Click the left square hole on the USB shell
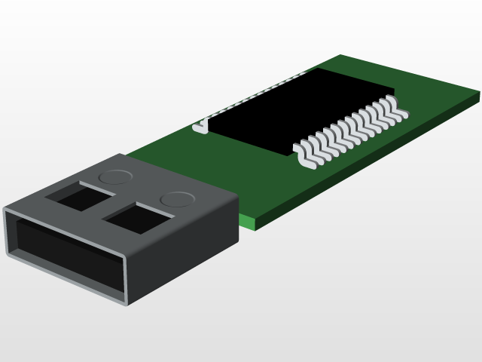[x=79, y=197]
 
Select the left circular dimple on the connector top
[x=114, y=177]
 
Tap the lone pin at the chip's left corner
[x=200, y=126]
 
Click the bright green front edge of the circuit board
[x=256, y=222]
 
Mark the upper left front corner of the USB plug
[x=6, y=209]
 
